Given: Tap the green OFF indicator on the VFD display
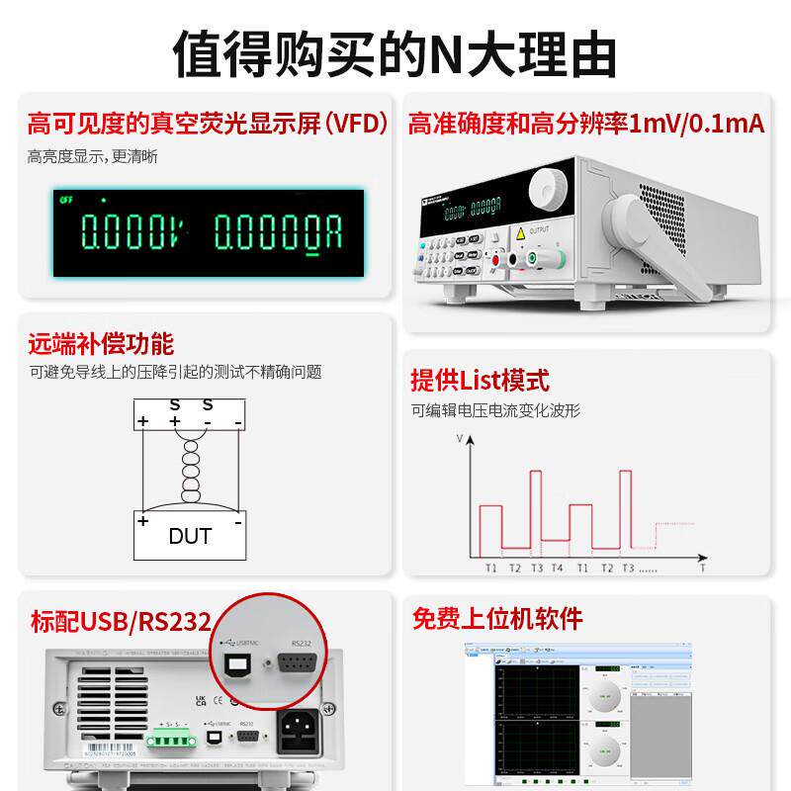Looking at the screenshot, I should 66,198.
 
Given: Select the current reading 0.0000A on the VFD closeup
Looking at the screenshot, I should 279,233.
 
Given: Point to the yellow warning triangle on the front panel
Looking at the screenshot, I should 519,234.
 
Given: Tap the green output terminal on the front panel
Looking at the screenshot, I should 533,259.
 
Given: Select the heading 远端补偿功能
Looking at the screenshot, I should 100,344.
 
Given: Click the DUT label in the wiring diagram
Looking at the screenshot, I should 190,537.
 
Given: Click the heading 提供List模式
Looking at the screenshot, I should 480,380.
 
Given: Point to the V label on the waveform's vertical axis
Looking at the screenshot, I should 460,436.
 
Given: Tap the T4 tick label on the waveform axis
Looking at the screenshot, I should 558,569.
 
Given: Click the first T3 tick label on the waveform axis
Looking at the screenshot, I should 537,569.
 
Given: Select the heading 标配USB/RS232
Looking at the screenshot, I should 121,622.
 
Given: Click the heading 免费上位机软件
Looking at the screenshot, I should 497,620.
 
